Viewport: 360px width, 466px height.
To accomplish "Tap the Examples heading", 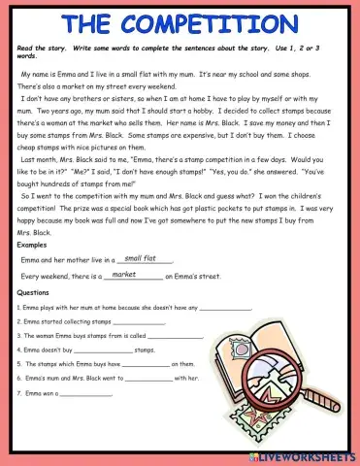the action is coord(32,246).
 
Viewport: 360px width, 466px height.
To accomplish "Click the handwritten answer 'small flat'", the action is coord(141,258).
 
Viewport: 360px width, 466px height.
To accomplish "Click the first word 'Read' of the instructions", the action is coord(26,47).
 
